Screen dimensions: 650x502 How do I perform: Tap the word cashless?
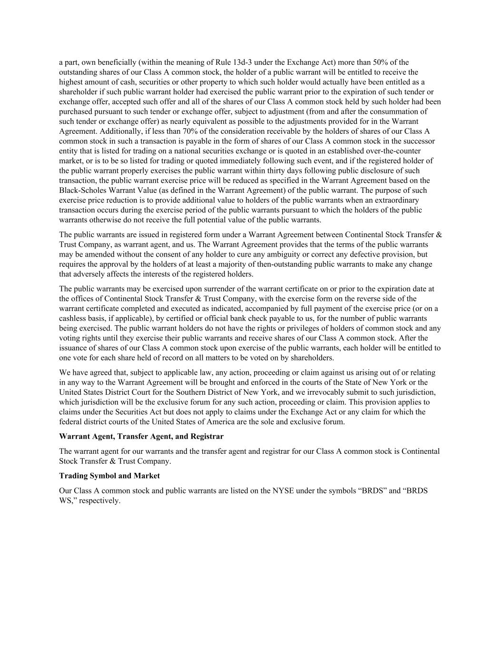pos(73,319)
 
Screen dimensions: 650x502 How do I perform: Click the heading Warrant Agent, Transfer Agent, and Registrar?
pos(141,437)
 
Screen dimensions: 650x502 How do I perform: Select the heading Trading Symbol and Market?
pos(109,476)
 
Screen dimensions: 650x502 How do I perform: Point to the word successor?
pos(420,141)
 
